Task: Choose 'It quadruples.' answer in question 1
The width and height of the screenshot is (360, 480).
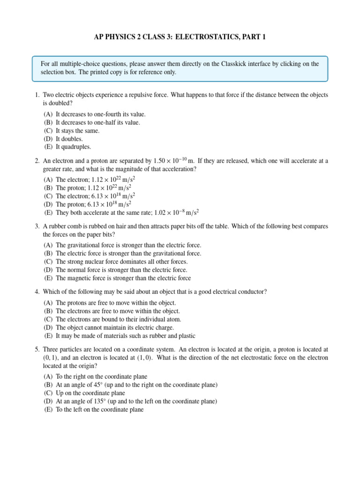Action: click(x=73, y=147)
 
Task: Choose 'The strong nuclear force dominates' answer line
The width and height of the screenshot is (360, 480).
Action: click(x=121, y=262)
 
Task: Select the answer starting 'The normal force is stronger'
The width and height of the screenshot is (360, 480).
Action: click(x=121, y=270)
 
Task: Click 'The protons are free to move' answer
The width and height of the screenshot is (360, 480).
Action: click(x=115, y=303)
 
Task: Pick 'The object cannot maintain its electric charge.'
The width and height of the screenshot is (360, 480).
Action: click(x=114, y=327)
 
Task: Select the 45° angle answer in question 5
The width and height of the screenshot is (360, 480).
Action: click(x=136, y=385)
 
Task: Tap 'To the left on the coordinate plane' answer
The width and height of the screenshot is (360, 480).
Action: click(x=99, y=409)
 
